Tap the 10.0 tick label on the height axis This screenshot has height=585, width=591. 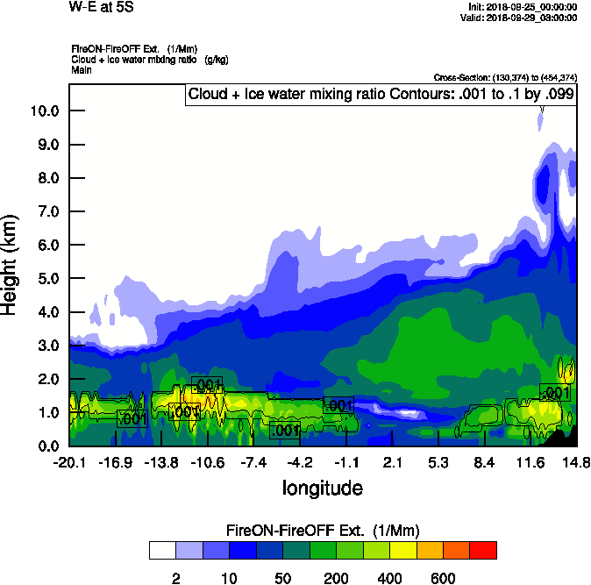pyautogui.click(x=42, y=111)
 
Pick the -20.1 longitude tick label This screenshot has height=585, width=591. pyautogui.click(x=69, y=462)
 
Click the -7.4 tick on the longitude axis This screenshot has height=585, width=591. pyautogui.click(x=253, y=462)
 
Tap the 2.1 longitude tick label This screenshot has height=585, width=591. pyautogui.click(x=392, y=462)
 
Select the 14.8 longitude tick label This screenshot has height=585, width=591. pyautogui.click(x=575, y=462)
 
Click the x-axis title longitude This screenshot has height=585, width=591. pyautogui.click(x=322, y=488)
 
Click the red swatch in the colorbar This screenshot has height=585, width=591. pyautogui.click(x=483, y=550)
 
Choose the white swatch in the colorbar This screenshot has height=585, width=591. pyautogui.click(x=162, y=550)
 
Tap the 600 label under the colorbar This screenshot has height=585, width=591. pyautogui.click(x=443, y=577)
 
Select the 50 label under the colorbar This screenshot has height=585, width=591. pyautogui.click(x=283, y=577)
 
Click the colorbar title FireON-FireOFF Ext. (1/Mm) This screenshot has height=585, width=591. pyautogui.click(x=323, y=531)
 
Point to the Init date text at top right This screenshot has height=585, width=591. pyautogui.click(x=523, y=7)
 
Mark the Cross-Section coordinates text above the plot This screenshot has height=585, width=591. pyautogui.click(x=505, y=78)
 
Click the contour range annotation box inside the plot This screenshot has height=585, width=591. pyautogui.click(x=381, y=95)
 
